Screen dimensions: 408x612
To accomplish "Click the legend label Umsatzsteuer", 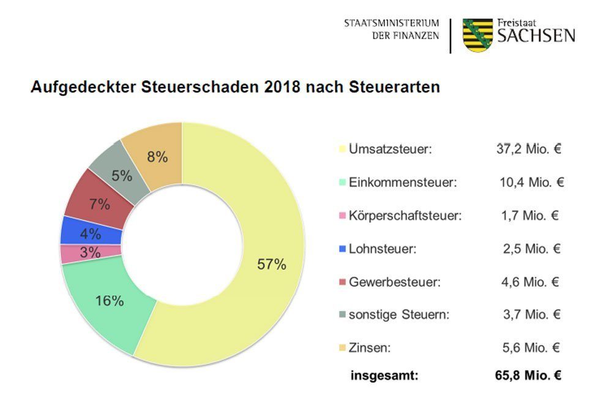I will pyautogui.click(x=390, y=149).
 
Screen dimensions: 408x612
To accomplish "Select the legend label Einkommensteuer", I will pyautogui.click(x=403, y=182).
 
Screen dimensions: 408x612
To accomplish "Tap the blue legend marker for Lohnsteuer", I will pyautogui.click(x=342, y=249).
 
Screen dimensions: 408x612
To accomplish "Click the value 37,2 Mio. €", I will pyautogui.click(x=528, y=149).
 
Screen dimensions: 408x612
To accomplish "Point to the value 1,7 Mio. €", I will pyautogui.click(x=531, y=215).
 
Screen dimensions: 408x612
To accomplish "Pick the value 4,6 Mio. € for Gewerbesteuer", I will pyautogui.click(x=531, y=282).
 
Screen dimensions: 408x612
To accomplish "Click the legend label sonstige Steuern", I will pyautogui.click(x=398, y=315).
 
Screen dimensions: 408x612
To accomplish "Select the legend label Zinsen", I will pyautogui.click(x=370, y=348).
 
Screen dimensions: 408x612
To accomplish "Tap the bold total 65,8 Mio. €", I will pyautogui.click(x=528, y=376).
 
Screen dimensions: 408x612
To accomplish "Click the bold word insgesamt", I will pyautogui.click(x=384, y=376).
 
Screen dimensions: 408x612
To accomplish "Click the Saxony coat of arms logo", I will pyautogui.click(x=477, y=35).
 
